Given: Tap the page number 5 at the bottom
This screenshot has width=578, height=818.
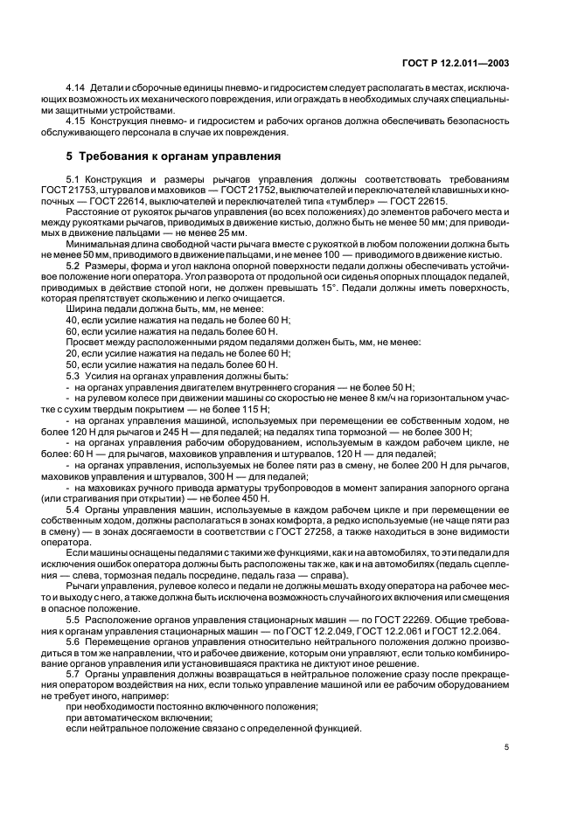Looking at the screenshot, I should [x=506, y=746].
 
